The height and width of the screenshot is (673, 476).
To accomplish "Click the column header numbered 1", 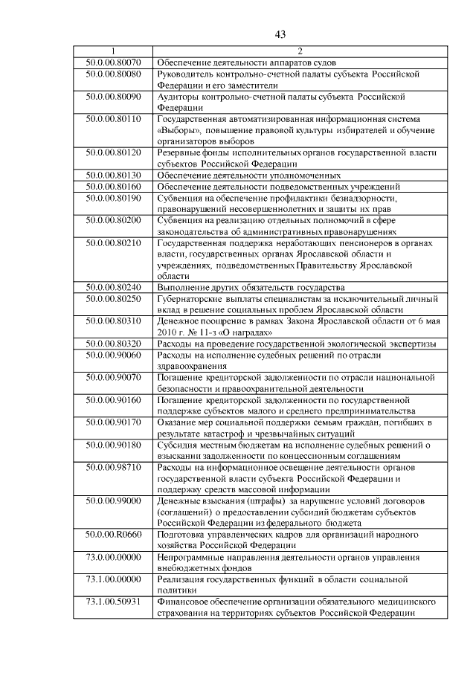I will tap(113, 51).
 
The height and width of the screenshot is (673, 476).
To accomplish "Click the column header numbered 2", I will tap(300, 51).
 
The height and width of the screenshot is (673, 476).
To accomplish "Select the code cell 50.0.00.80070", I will tap(113, 62).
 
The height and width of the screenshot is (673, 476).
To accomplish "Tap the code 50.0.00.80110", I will tap(113, 119).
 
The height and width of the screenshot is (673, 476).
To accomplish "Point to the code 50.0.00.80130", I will tap(113, 176).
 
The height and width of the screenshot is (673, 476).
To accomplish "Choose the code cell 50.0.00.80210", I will tap(113, 243).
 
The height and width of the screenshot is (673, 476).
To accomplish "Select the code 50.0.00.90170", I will tap(113, 423).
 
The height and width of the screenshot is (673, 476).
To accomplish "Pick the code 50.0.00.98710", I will tap(113, 467).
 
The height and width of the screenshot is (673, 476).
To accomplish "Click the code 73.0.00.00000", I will tap(113, 557).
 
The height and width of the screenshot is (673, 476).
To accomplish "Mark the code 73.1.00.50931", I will tap(113, 602).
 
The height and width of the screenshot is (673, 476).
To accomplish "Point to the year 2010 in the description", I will tap(169, 332).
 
